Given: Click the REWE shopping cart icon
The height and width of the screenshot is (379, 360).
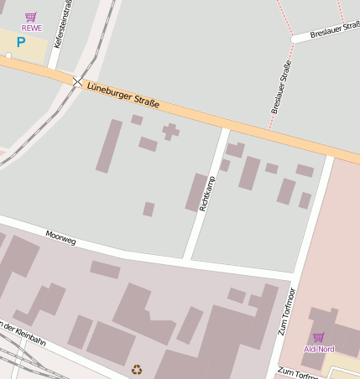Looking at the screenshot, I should click(31, 17).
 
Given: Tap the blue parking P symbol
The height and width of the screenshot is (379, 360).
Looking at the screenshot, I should click(21, 41).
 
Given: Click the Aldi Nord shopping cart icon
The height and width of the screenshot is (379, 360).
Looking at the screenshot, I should click(318, 337).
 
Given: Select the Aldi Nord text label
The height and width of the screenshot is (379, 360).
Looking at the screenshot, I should click(319, 349).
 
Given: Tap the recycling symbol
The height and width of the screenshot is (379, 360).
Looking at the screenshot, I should click(136, 369).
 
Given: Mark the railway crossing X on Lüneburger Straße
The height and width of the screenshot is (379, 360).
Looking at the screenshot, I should click(78, 82).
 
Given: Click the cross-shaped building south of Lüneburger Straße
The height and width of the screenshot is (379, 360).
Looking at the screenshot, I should click(170, 131).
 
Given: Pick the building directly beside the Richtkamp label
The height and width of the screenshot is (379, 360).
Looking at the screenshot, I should click(196, 191).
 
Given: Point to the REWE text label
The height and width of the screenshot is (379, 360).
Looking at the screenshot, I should click(31, 28).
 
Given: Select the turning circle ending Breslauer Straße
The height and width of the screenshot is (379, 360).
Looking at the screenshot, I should click(295, 39).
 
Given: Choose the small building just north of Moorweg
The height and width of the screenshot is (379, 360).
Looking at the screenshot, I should click(149, 209).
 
